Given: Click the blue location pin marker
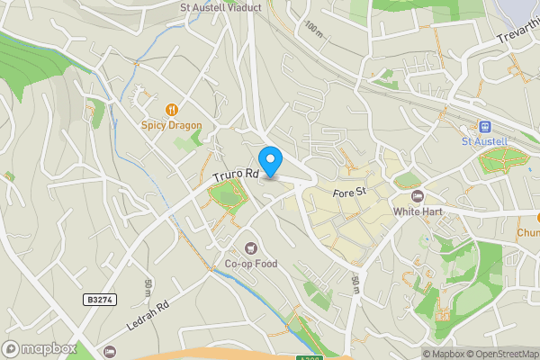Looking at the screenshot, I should pos(270,160).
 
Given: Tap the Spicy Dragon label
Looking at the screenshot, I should pos(171,125).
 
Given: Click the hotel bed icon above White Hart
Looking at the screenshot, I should pos(416,195).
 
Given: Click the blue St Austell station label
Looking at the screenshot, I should pos(485,141).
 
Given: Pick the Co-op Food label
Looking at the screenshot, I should pos(251,264).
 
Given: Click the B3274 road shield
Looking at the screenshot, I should pos(102,299).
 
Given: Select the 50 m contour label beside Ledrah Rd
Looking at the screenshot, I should pos(148,287).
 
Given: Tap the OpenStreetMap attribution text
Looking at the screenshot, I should pos(500,354).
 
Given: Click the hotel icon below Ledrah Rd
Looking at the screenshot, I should pos(110,351).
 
